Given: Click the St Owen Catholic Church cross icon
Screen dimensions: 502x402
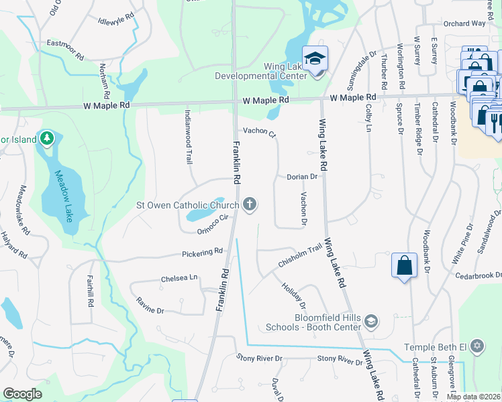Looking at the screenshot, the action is pos(250,204).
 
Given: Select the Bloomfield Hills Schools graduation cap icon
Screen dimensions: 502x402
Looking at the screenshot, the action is pos(370,322).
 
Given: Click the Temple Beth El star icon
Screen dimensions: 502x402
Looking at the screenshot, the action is pos(477,346).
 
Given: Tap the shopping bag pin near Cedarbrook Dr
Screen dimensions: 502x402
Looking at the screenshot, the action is pos(403,265).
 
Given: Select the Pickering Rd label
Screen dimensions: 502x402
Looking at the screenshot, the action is pos(202,253).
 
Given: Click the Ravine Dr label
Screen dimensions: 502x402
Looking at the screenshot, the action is pos(150,306).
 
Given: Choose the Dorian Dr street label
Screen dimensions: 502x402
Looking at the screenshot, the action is pos(301,177).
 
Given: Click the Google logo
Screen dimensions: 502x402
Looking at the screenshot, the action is pos(22,394).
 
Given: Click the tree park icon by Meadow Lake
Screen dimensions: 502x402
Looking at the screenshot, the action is pos(46,139).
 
